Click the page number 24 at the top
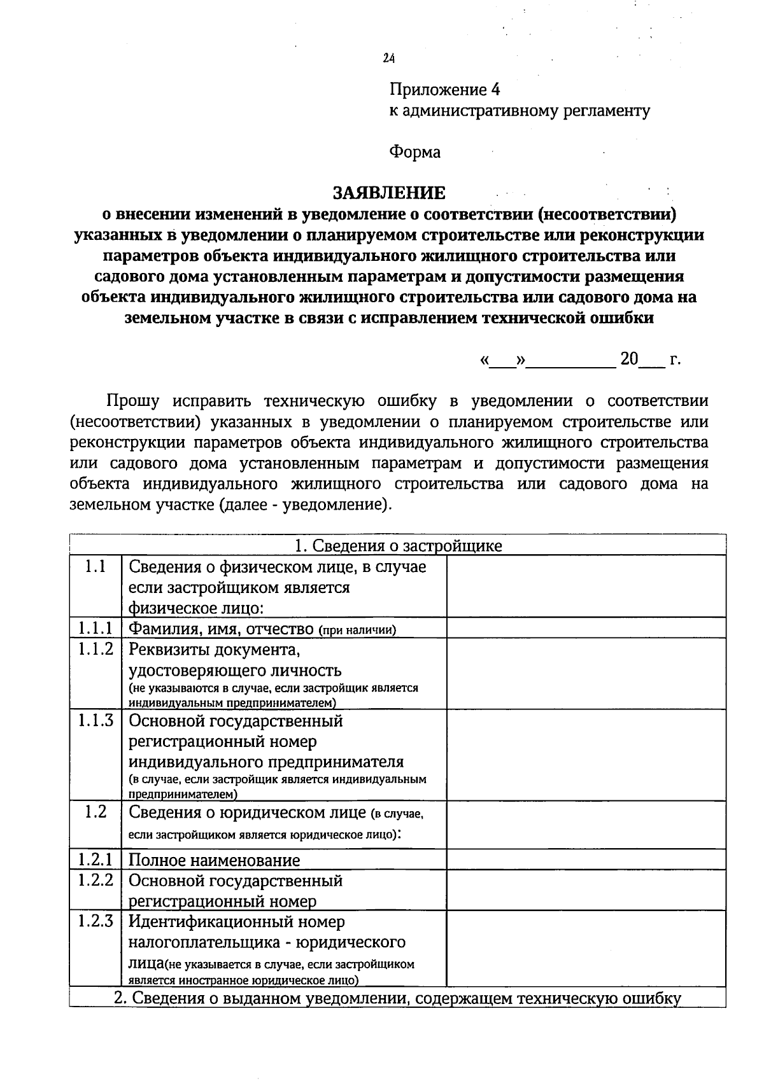[389, 59]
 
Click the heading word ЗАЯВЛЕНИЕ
[390, 192]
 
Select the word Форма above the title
[414, 152]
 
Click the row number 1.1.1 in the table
[95, 628]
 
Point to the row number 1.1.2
[95, 649]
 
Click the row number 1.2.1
[95, 860]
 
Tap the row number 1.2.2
[95, 880]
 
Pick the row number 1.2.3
[95, 921]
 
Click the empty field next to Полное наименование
[586, 860]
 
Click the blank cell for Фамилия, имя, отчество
[586, 628]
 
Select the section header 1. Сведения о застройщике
[398, 545]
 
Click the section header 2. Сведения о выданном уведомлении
[398, 998]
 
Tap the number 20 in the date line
[629, 359]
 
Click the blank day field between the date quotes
[503, 361]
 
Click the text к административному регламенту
[520, 111]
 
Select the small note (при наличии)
[357, 630]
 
